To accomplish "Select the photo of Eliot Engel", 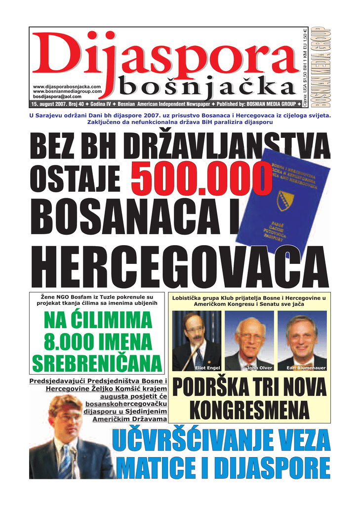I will [197, 341].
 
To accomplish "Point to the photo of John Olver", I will [249, 341].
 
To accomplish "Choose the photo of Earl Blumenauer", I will [302, 341].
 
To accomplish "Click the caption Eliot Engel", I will [207, 368].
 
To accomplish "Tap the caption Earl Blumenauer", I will [306, 368].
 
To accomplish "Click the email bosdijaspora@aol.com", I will [57, 96].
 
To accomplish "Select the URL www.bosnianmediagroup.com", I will [67, 91].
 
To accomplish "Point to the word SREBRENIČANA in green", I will [97, 363].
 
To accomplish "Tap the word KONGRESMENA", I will [249, 410].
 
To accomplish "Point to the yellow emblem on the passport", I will [286, 200].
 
